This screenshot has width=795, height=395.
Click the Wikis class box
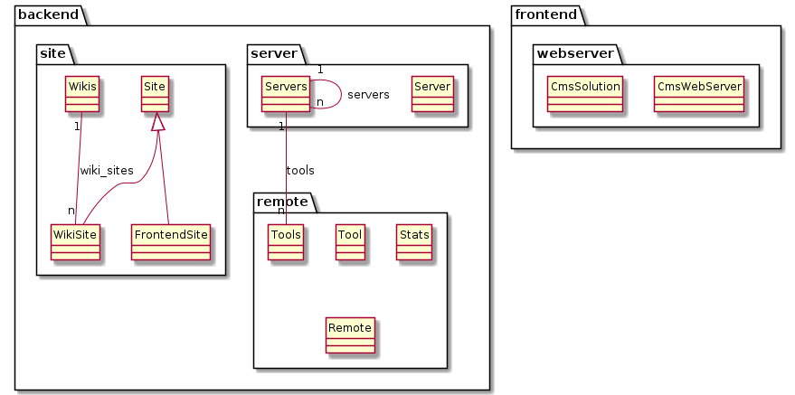82,94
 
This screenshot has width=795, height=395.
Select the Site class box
155,94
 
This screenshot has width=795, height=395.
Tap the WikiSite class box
76,242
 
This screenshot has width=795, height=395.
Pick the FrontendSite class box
170,242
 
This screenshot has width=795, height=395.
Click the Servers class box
286,94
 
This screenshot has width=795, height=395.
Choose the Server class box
432,94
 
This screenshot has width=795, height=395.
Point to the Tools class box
286,242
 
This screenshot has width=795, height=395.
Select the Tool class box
350,242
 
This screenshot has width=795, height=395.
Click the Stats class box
414,242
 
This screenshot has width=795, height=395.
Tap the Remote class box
350,335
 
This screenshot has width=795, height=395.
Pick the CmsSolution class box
584,94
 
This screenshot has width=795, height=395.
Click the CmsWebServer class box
698,94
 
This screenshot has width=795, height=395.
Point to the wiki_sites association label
107,171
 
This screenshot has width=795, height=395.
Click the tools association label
300,171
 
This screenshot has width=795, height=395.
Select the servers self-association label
369,95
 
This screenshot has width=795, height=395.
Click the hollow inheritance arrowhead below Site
158,121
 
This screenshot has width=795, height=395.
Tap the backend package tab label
48,14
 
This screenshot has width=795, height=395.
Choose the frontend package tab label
546,14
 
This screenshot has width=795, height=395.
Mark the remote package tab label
282,202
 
